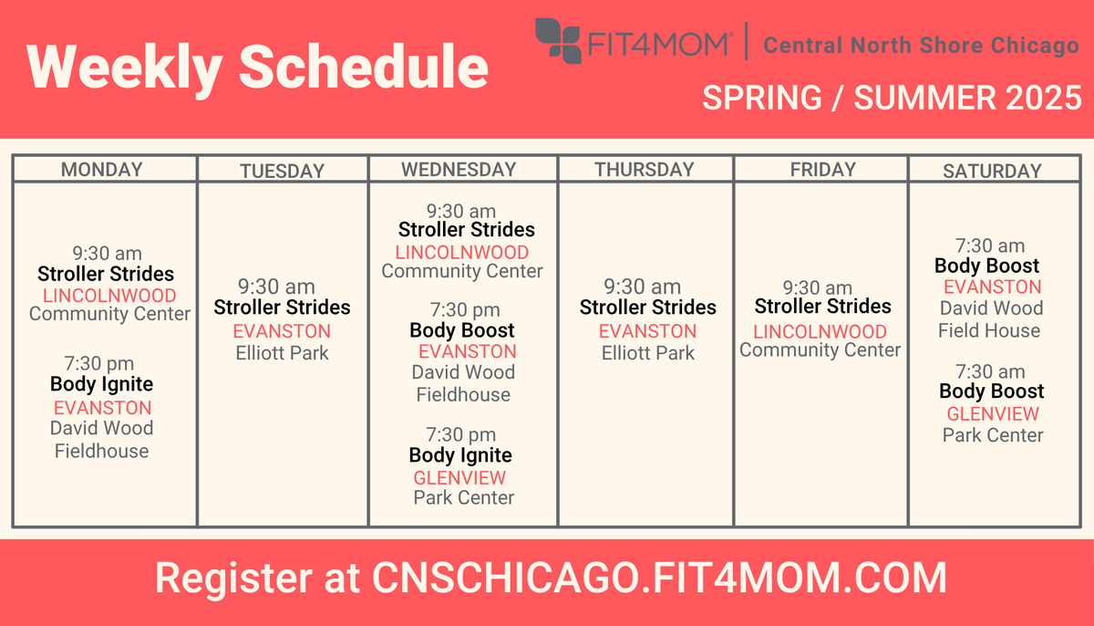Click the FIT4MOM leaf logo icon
pos(558,41)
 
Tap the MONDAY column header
pos(101,170)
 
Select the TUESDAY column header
pos(283,171)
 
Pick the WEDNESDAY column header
pos(459,170)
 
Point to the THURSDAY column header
pos(645,170)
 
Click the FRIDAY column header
pos(823,170)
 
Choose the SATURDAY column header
pos(992,171)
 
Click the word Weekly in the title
pos(125,68)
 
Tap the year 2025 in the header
pos(1044,98)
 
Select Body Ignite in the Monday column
pos(101,384)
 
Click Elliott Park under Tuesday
pos(283,353)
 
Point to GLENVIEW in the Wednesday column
pos(459,478)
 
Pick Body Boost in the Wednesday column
pos(462,331)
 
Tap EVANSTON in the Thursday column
pos(647,331)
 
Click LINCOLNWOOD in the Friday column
pos(820,332)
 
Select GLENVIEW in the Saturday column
pos(993,414)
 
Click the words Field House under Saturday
pos(989,331)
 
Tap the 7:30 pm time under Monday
pos(99,364)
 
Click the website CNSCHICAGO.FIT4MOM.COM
pos(659,578)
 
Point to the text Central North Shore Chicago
pos(921,46)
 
